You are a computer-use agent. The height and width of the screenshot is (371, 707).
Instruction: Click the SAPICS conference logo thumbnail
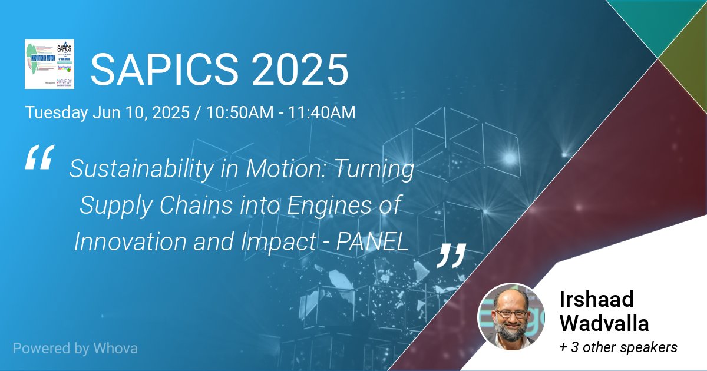point(49,64)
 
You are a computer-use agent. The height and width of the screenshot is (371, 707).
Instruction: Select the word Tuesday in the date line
point(56,112)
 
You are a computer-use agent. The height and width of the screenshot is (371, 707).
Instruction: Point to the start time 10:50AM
point(239,112)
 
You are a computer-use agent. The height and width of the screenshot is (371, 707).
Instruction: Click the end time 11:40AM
point(321,112)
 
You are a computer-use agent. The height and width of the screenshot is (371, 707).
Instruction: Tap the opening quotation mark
point(39,158)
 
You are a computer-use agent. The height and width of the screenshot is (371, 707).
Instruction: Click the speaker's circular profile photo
point(511,317)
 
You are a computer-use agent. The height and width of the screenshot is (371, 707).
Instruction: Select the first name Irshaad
point(596,299)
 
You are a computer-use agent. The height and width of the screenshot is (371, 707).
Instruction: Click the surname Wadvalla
point(604,323)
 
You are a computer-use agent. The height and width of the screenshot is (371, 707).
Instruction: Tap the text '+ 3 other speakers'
point(618,347)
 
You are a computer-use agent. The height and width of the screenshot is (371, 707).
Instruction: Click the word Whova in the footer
point(115,348)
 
